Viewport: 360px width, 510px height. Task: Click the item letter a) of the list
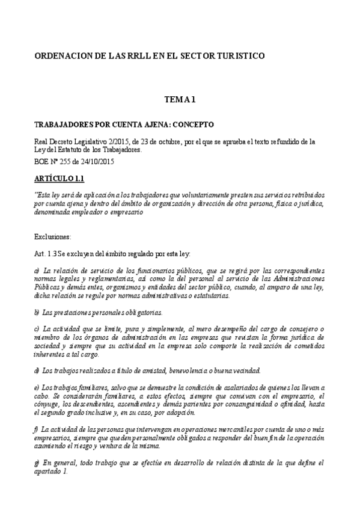point(38,273)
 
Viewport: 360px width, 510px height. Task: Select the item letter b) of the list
point(38,312)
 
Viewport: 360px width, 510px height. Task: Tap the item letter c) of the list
point(38,328)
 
